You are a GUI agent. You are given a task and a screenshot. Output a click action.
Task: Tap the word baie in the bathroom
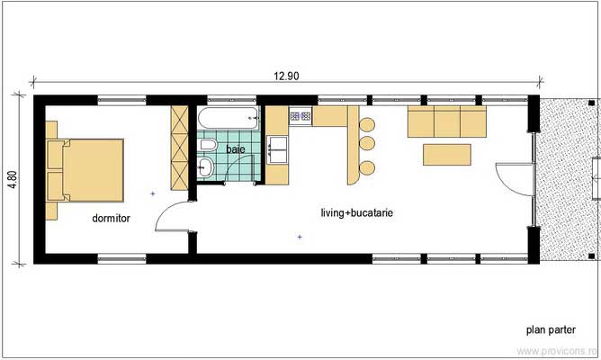click(235, 148)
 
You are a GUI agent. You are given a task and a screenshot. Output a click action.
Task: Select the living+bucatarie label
click(357, 213)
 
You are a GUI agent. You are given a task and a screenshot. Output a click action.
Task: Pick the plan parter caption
click(550, 328)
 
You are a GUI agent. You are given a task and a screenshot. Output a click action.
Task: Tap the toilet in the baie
click(208, 146)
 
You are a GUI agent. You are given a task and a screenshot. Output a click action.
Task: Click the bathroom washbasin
click(205, 166)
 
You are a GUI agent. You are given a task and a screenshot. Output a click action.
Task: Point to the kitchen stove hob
click(300, 116)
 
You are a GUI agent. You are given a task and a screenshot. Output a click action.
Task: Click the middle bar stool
click(366, 143)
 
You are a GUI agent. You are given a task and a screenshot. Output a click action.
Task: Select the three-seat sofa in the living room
click(447, 120)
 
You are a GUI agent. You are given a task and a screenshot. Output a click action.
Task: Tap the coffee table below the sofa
click(447, 154)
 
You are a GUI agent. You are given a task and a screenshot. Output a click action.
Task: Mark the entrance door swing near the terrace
click(510, 181)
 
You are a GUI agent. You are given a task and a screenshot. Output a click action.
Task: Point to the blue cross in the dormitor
click(153, 193)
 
